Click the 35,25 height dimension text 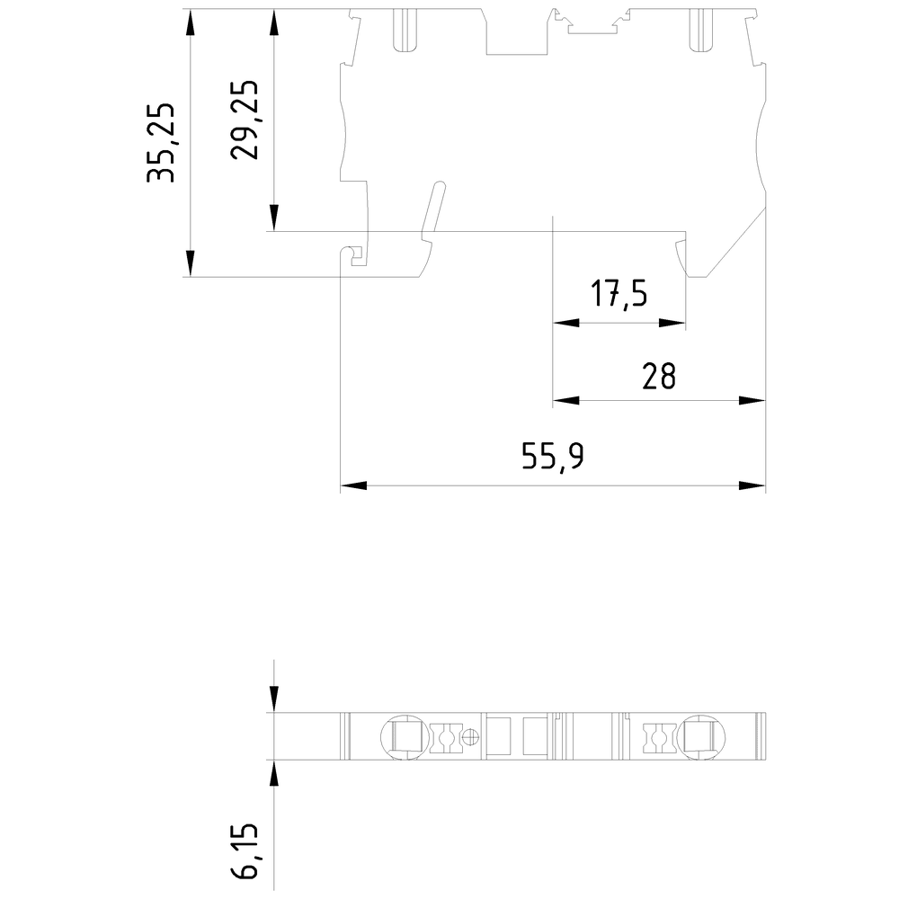click(164, 143)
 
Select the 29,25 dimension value click(245, 120)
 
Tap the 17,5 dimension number click(619, 294)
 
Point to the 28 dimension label click(659, 376)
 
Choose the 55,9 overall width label click(553, 458)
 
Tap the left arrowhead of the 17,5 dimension click(565, 324)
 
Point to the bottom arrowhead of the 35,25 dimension click(191, 263)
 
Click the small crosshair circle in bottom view click(470, 738)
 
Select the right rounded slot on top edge click(699, 30)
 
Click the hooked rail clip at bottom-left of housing click(355, 256)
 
